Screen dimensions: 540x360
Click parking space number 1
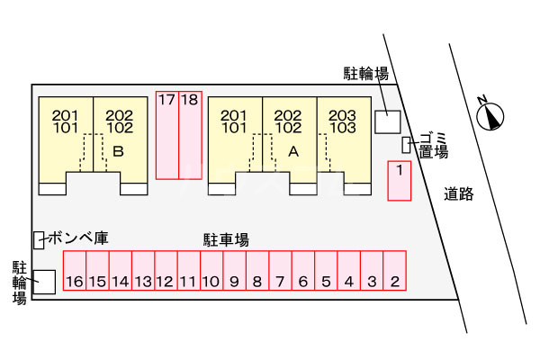click(x=399, y=181)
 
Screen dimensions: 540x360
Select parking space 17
click(x=167, y=135)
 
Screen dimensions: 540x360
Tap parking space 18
click(x=190, y=135)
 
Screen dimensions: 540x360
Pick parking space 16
click(x=75, y=270)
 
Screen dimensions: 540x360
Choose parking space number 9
click(x=235, y=270)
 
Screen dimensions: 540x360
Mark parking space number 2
click(x=395, y=270)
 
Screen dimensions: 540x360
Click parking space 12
click(x=166, y=270)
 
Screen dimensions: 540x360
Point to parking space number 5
click(x=326, y=270)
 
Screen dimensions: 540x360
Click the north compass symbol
click(x=490, y=115)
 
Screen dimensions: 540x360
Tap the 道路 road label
click(x=458, y=194)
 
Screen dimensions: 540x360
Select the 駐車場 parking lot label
click(x=226, y=239)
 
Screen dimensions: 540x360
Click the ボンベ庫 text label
click(x=78, y=238)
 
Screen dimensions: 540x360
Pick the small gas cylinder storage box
click(x=39, y=240)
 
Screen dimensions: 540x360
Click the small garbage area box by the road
click(x=407, y=145)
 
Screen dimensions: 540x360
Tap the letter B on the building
click(x=118, y=151)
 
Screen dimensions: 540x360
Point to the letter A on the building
click(x=293, y=151)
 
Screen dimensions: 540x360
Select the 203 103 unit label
click(x=343, y=121)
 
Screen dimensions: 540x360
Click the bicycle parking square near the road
click(x=387, y=122)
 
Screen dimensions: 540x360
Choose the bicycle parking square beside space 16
click(x=44, y=282)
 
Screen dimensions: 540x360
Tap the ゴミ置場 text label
click(x=434, y=145)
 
